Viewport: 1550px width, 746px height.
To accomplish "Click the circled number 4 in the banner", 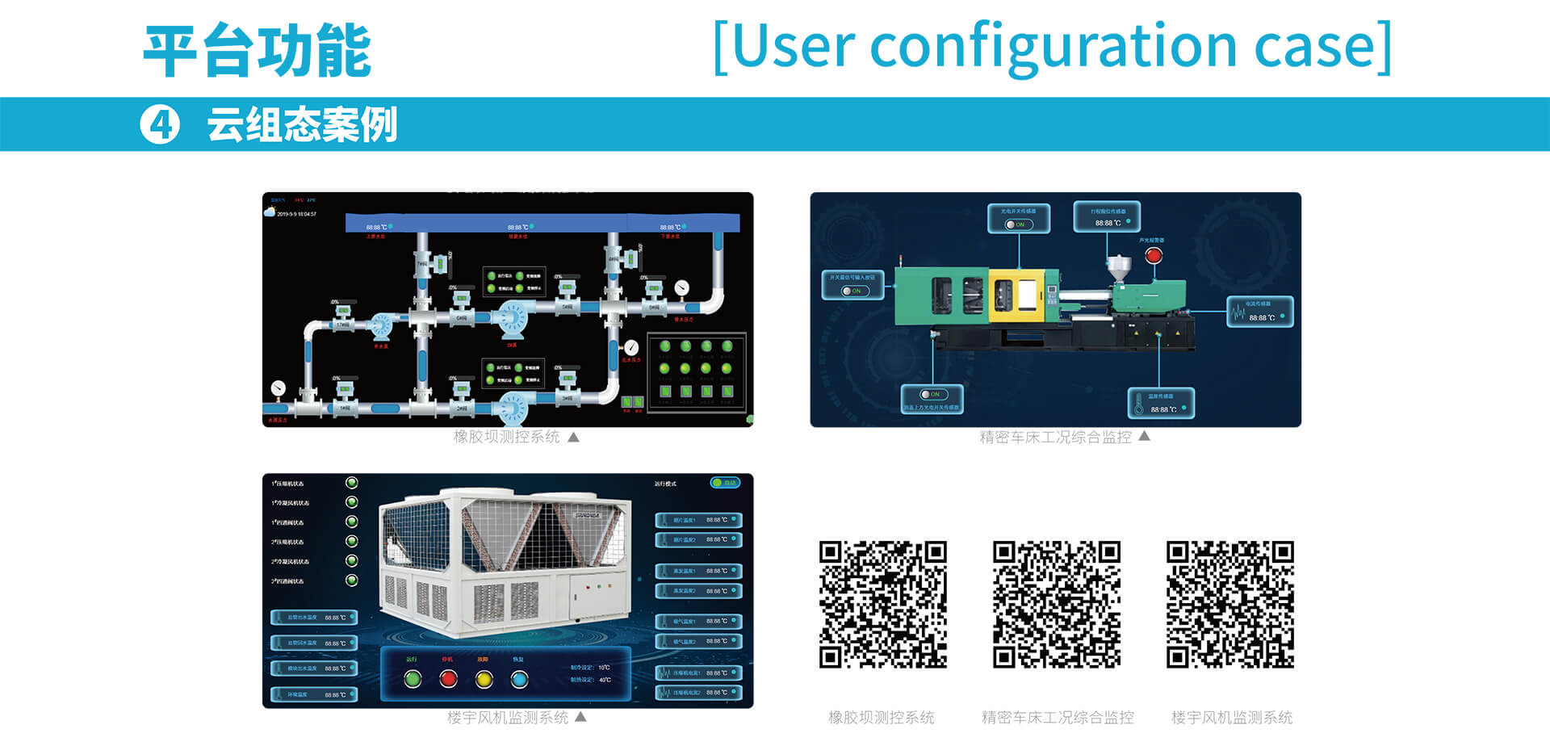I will tap(160, 125).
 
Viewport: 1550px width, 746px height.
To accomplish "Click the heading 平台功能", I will tap(257, 51).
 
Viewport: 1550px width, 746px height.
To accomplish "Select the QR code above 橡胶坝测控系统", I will tap(882, 605).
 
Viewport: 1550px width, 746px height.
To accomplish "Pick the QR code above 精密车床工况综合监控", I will tap(1057, 605).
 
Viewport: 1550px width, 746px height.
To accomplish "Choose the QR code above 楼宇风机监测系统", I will tap(1230, 605).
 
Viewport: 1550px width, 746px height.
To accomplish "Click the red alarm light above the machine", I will tap(1154, 255).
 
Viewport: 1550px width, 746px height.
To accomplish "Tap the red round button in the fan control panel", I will tap(448, 679).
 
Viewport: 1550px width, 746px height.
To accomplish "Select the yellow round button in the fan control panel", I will tap(484, 679).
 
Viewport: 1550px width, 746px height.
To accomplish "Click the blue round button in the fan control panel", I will tap(519, 679).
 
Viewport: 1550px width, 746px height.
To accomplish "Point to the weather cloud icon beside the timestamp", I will tap(270, 212).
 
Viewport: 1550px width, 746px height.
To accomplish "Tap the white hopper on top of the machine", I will tap(1119, 267).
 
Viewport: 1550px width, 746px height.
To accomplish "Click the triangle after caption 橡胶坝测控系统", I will tap(573, 437).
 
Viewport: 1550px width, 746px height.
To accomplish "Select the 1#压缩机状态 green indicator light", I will tap(352, 483).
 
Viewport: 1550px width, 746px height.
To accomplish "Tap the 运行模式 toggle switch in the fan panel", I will tap(724, 483).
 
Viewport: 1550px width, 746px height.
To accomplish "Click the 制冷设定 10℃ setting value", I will tap(604, 668).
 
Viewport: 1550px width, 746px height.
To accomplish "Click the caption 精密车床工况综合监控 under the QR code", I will tap(1058, 717).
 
